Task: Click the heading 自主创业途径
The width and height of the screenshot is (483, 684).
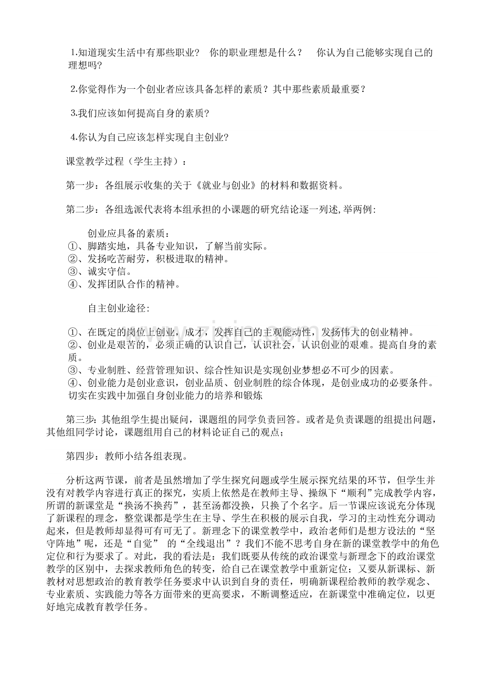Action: point(118,308)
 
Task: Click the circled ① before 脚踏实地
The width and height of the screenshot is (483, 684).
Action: point(73,246)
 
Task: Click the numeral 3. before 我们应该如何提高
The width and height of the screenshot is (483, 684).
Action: point(73,113)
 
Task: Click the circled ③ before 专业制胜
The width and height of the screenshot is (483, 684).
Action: point(73,370)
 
